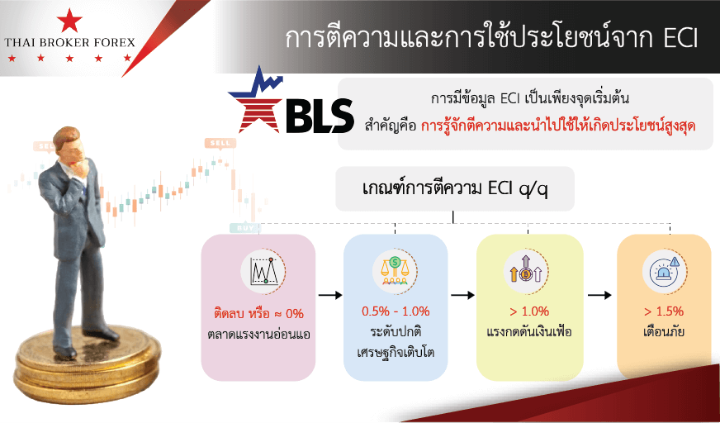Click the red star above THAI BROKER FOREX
(69, 21)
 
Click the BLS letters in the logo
(320, 116)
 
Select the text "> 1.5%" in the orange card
(664, 311)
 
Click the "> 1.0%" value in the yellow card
(529, 311)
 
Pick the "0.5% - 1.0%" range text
(396, 311)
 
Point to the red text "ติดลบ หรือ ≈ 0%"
(258, 314)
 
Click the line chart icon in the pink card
(263, 270)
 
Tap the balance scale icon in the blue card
(394, 270)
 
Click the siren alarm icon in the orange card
(664, 270)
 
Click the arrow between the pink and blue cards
(330, 295)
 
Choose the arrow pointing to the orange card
(600, 295)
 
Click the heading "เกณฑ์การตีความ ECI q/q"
(455, 189)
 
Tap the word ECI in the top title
(681, 40)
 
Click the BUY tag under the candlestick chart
(244, 228)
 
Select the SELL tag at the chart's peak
(220, 143)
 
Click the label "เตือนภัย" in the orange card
(664, 331)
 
